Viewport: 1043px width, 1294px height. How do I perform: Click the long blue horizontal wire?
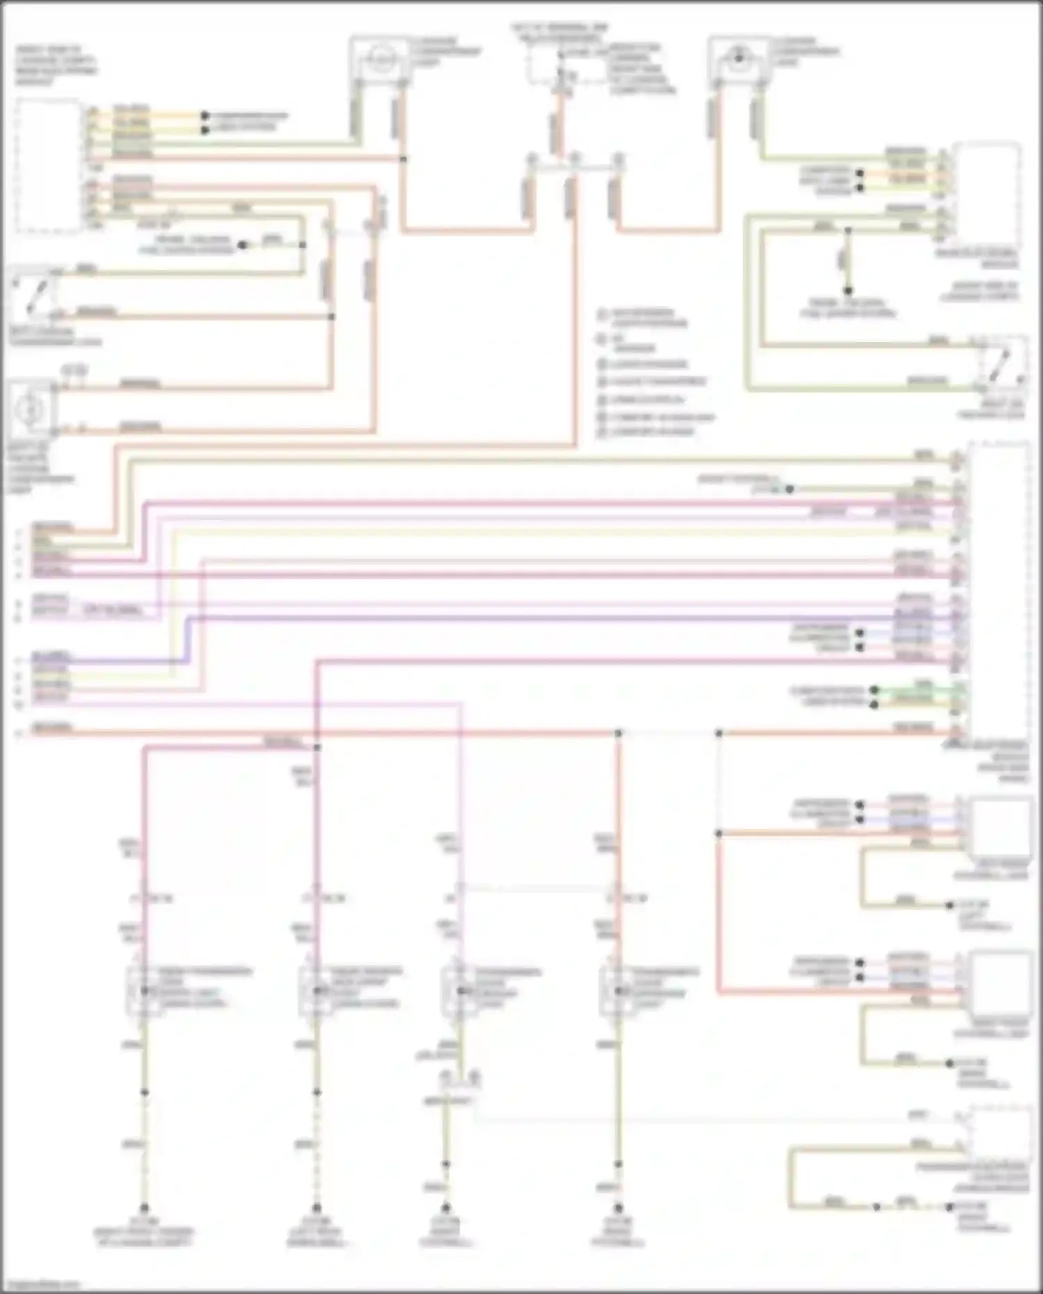coord(556,617)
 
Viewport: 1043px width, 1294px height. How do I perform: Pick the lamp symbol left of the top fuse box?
coord(379,61)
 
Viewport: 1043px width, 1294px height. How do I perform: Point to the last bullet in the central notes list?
coord(602,432)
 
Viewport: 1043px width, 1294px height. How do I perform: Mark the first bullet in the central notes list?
coord(602,314)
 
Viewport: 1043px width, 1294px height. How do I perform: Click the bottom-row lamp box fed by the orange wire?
coord(616,991)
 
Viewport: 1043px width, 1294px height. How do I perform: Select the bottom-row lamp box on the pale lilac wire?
coord(457,991)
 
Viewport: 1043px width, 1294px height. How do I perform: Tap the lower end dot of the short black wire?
coord(848,291)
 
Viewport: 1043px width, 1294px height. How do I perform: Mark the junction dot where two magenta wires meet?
coord(317,747)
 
